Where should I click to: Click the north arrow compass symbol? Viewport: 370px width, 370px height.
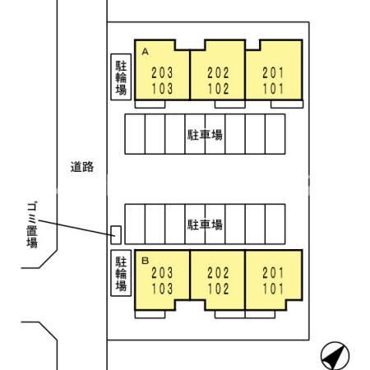click(335, 355)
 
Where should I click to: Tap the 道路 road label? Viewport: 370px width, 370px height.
click(82, 167)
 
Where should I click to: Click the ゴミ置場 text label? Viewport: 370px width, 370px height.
click(32, 224)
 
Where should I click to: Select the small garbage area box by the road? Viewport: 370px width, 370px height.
click(116, 235)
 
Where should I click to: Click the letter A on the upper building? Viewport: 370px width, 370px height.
click(145, 52)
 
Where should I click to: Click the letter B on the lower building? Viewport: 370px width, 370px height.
click(145, 261)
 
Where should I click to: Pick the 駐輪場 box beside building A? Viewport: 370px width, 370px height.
click(121, 77)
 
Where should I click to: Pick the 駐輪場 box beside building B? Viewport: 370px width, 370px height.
click(121, 273)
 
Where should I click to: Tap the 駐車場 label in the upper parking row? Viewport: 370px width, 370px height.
click(205, 135)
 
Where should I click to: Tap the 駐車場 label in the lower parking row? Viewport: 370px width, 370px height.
click(205, 224)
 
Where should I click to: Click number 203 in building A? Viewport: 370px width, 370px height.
click(162, 73)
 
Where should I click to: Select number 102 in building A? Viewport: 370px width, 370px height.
click(218, 89)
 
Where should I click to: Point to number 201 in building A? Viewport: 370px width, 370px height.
click(273, 73)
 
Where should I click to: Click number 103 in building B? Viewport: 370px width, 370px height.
click(162, 289)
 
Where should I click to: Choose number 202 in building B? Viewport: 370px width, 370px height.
click(218, 273)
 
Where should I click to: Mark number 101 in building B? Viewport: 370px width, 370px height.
click(273, 289)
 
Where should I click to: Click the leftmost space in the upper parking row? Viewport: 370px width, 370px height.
click(135, 134)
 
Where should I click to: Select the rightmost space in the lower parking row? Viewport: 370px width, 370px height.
click(275, 224)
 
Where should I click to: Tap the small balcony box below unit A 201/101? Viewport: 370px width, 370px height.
click(287, 104)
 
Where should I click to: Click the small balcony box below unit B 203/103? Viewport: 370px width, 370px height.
click(150, 314)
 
